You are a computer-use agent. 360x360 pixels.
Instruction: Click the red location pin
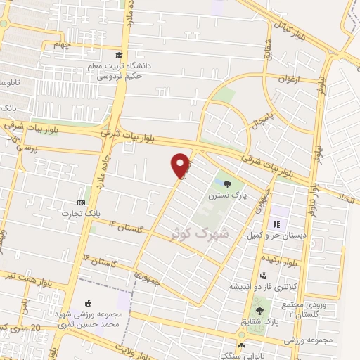(181, 165)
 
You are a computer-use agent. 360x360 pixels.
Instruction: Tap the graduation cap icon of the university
(119, 54)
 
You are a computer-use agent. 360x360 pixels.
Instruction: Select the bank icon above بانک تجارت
(82, 202)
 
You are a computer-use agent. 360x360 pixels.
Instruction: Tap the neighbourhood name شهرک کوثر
(193, 231)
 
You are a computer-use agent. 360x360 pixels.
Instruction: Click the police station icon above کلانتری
(263, 276)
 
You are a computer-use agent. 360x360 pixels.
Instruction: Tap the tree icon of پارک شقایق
(260, 310)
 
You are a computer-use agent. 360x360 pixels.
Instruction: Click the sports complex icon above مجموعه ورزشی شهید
(89, 302)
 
